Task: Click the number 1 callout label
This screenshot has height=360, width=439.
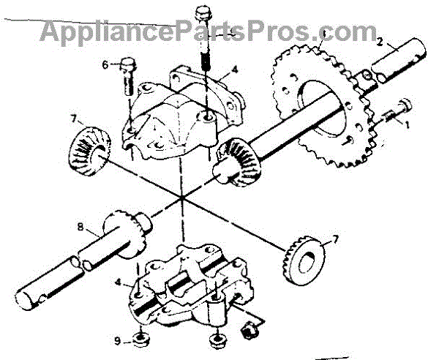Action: pos(408,124)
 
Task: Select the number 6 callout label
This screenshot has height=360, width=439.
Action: pos(106,64)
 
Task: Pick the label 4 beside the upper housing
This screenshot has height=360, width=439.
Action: pos(233,72)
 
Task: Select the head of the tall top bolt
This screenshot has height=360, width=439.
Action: pos(203,14)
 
